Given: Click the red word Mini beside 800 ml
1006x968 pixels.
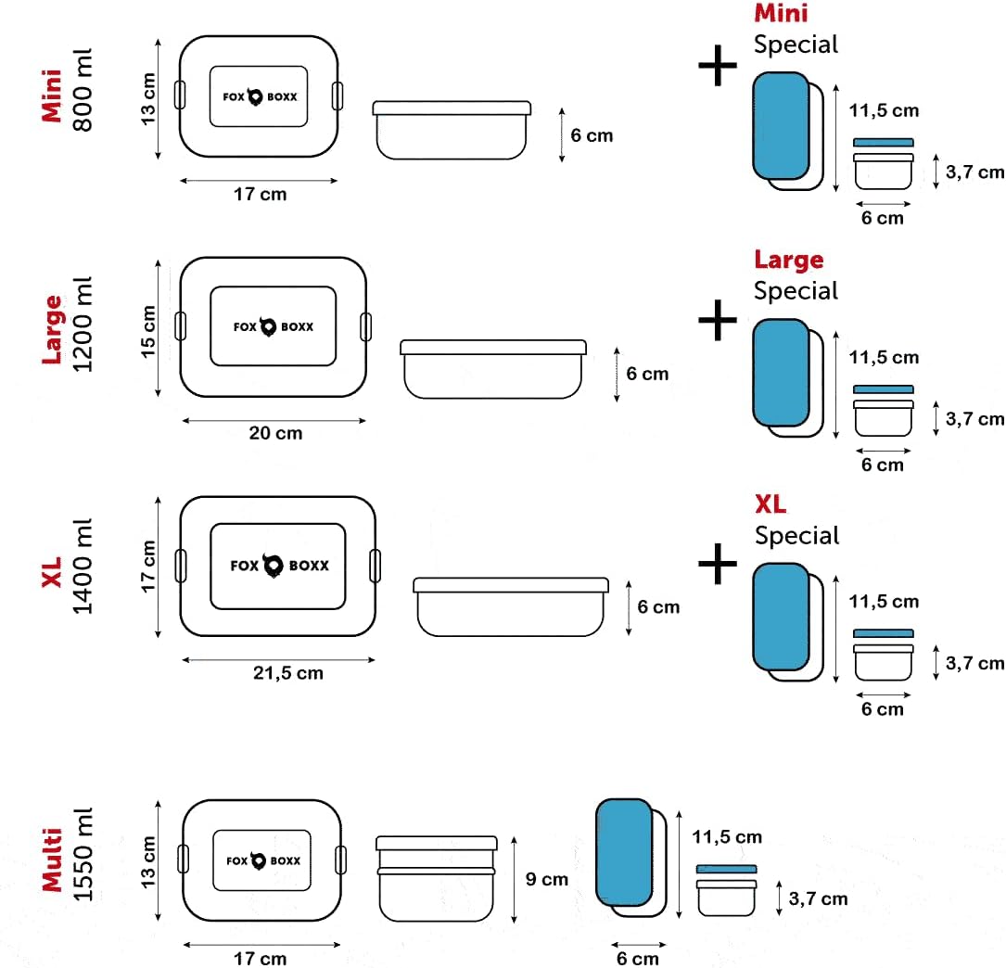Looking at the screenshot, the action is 52,96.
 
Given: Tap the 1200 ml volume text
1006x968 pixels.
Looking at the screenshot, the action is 83,325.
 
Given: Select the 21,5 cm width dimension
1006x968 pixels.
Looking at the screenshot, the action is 288,673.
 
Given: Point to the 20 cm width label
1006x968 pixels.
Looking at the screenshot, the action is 276,433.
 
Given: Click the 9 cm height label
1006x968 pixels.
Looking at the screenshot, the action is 547,879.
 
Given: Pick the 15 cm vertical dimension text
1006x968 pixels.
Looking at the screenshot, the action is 148,331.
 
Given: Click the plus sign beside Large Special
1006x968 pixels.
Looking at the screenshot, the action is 718,320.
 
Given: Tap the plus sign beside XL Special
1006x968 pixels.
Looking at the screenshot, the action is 718,564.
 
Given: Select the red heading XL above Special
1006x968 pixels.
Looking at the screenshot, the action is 770,504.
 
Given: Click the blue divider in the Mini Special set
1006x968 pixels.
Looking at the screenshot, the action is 781,126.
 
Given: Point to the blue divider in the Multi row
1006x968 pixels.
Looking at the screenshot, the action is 624,852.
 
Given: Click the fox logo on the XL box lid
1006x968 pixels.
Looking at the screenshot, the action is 274,566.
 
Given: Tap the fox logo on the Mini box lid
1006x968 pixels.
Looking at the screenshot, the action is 255,96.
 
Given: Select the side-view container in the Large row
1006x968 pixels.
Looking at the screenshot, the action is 493,370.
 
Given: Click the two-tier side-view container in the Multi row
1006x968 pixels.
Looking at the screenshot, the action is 437,879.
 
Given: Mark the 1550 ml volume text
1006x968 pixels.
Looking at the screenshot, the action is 83,855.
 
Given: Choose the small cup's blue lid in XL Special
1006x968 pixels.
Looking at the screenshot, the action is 884,634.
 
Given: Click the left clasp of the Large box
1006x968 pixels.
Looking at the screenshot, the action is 181,326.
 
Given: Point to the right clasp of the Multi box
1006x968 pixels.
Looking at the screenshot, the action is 340,860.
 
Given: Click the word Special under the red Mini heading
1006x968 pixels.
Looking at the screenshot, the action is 796,45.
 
